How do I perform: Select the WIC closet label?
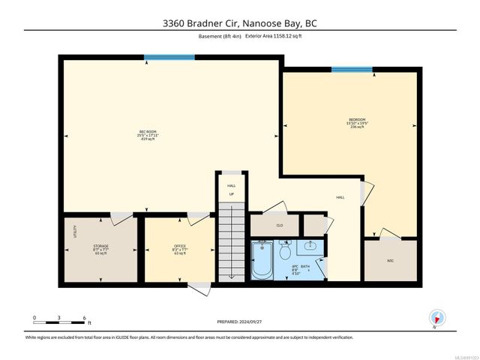(x=390, y=261)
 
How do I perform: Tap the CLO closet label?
(x=279, y=225)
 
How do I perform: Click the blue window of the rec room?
(x=169, y=56)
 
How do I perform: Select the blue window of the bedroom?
(x=352, y=70)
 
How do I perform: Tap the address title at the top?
(x=240, y=22)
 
